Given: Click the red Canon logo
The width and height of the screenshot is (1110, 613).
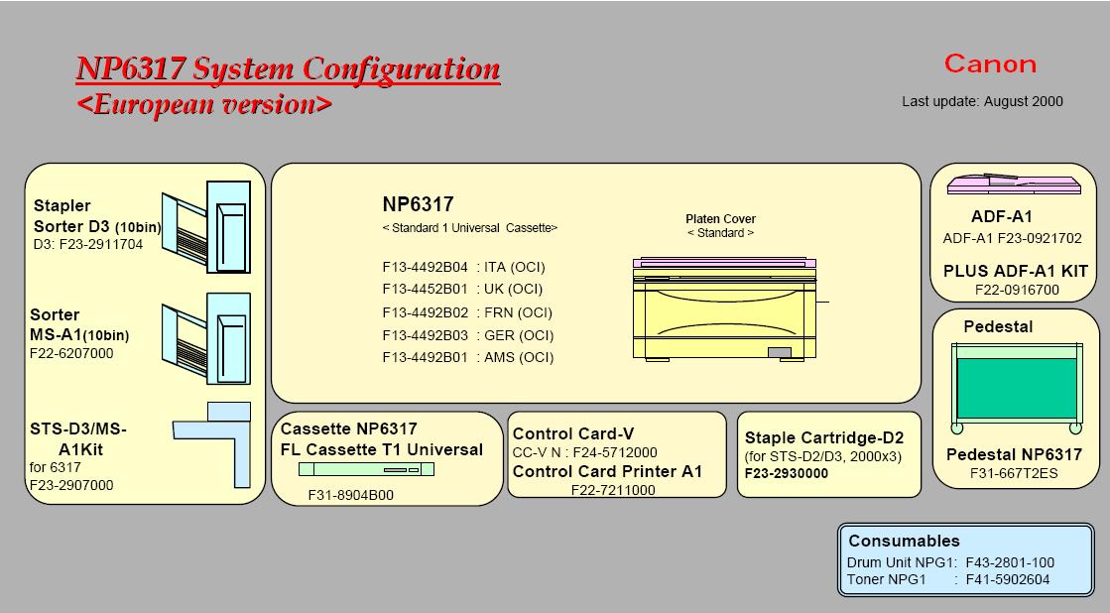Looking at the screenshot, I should pos(990,64).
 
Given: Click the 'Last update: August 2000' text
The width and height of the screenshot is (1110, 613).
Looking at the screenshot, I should pos(982,101).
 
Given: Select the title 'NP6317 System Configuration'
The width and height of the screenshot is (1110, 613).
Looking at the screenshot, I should pos(288,69).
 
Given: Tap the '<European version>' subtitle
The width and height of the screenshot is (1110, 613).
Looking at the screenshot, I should pos(204,104).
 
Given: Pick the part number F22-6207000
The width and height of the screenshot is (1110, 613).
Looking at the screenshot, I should pos(71,353).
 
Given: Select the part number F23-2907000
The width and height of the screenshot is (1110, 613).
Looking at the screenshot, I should pos(71,485).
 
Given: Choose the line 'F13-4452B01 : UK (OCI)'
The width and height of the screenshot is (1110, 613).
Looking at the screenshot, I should pos(462,290).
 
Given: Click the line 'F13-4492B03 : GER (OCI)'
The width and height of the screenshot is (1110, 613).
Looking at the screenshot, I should pos(467,335).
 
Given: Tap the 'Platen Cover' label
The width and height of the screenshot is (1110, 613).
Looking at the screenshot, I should pos(720,219).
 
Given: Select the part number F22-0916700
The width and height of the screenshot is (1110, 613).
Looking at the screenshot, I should pos(1017,290).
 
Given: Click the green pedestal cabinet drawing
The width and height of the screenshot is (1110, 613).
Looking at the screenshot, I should pos(1016,388).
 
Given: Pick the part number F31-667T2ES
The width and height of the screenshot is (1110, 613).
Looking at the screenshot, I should pos(1014,473).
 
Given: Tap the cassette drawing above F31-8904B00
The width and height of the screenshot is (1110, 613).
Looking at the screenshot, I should pos(366,470).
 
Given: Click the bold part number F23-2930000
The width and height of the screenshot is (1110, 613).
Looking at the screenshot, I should pos(787,473).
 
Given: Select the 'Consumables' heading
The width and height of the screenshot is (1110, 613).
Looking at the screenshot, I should pos(904,541).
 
